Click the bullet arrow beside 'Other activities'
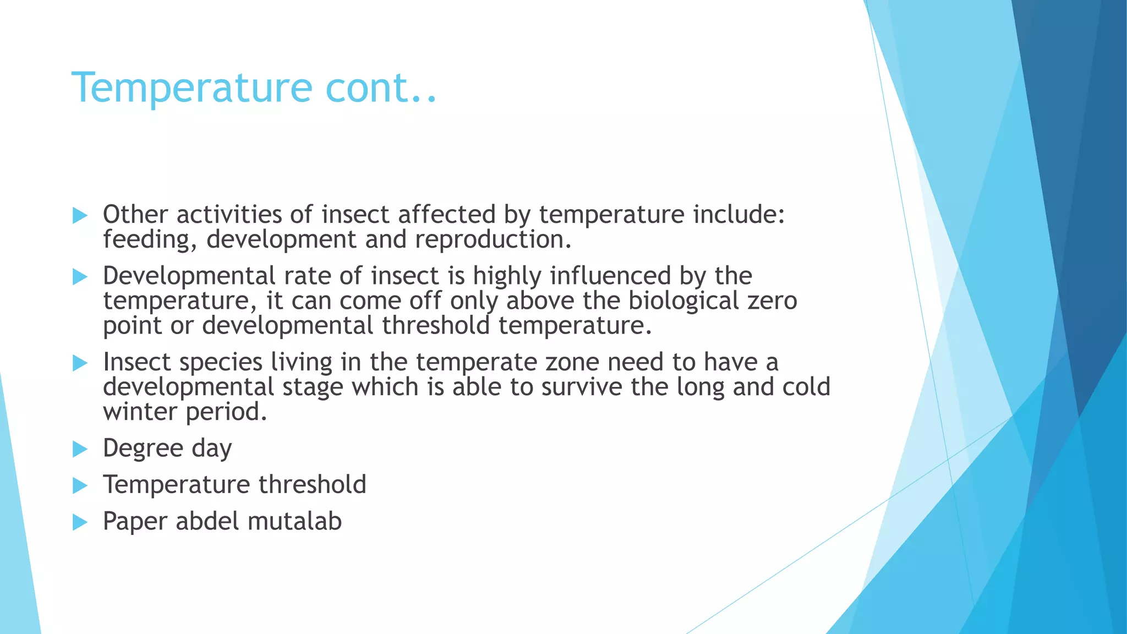tap(80, 216)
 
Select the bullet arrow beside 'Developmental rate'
tap(80, 277)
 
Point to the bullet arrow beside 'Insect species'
tap(80, 363)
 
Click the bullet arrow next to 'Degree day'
tap(80, 449)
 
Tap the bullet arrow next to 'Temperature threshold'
tap(80, 485)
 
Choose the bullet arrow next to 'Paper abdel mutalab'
tap(80, 522)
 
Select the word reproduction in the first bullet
tap(493, 240)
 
